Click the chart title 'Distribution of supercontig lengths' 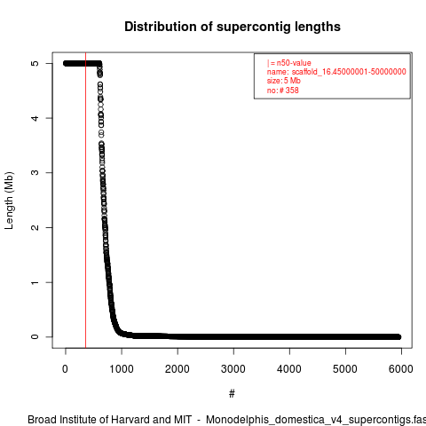click(x=233, y=27)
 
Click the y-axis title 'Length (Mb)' click(x=9, y=201)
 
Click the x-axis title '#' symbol click(x=232, y=394)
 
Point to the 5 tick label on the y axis click(x=35, y=63)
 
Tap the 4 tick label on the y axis click(x=35, y=118)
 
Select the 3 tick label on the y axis click(x=35, y=173)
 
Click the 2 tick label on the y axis click(x=35, y=227)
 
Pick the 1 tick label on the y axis click(x=35, y=282)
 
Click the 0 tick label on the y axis click(x=35, y=337)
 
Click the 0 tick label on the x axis click(x=66, y=369)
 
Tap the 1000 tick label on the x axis click(x=122, y=369)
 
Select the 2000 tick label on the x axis click(x=177, y=369)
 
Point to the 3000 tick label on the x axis click(x=233, y=369)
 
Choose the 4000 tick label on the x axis click(x=289, y=369)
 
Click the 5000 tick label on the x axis click(x=345, y=369)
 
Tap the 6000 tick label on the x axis click(x=401, y=369)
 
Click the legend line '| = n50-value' click(x=289, y=63)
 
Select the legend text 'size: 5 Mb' click(x=284, y=81)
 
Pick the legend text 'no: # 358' click(x=283, y=90)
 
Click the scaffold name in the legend click(x=349, y=72)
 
